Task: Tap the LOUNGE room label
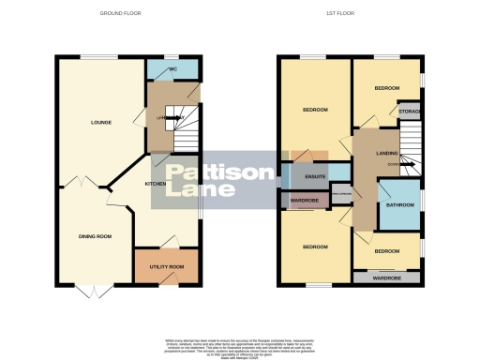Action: [x=101, y=122]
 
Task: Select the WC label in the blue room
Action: [x=172, y=70]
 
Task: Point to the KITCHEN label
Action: [x=155, y=184]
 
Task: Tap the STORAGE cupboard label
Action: [x=410, y=112]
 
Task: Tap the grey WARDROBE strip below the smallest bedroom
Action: [x=387, y=278]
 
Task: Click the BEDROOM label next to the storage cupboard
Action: [x=386, y=88]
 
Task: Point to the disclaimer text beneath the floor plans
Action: [x=239, y=344]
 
